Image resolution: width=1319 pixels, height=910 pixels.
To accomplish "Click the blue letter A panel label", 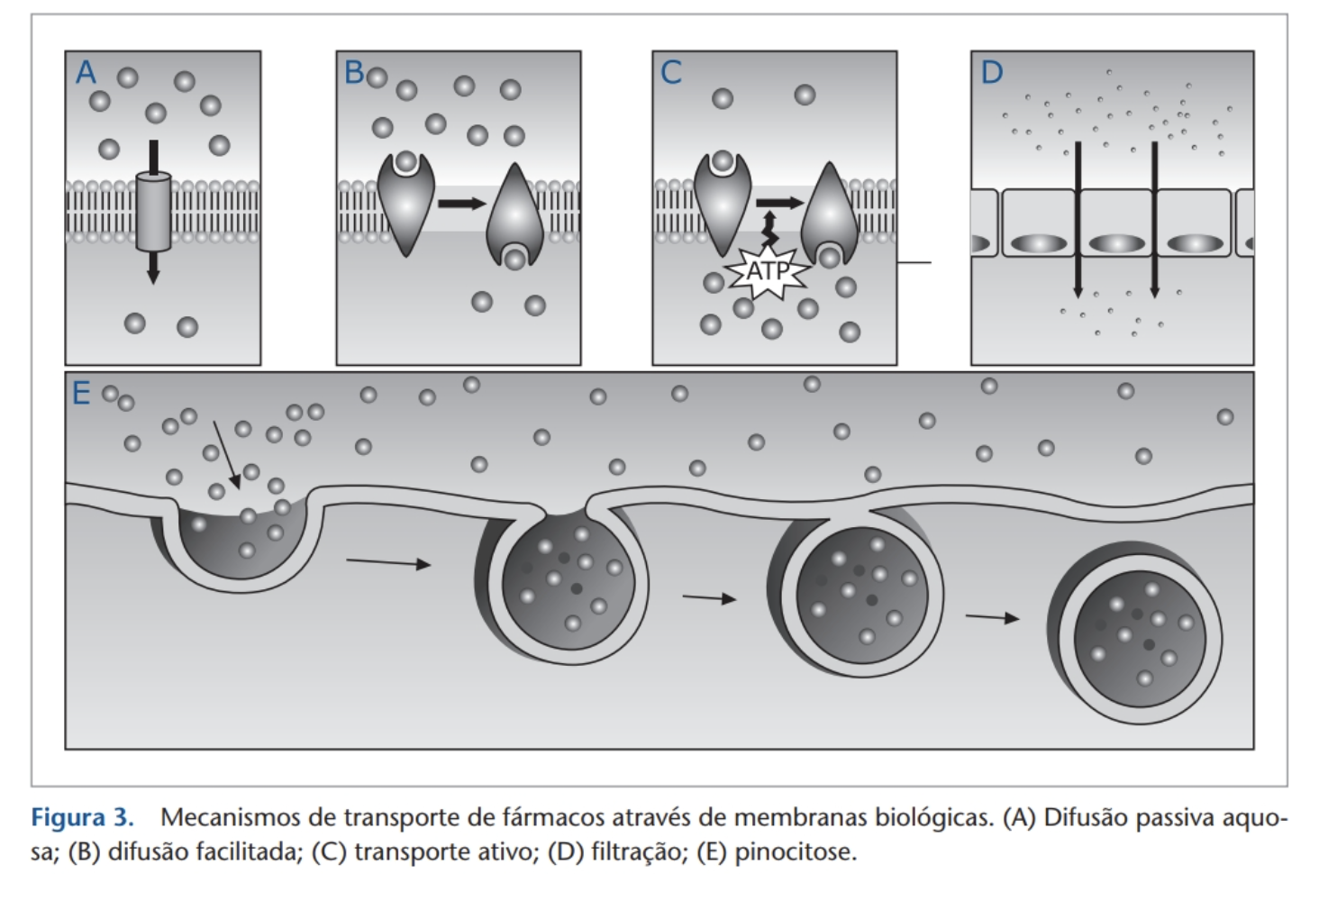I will (86, 72).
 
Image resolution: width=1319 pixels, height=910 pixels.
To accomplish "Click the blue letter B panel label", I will (354, 72).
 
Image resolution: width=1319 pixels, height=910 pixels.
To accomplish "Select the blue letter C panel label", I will (670, 72).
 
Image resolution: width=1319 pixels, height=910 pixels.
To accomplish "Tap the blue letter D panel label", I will (991, 72).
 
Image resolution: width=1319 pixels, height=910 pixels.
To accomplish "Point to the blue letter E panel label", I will (81, 394).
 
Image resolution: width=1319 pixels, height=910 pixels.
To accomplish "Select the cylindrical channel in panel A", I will (153, 212).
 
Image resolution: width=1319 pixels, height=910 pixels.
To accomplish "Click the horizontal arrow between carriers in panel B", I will (461, 204).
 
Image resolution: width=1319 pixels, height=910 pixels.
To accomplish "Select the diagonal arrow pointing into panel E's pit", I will (227, 455).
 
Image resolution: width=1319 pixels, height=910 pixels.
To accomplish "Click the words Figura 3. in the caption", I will (82, 818).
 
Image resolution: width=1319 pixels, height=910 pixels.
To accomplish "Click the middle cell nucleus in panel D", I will (1116, 243).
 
